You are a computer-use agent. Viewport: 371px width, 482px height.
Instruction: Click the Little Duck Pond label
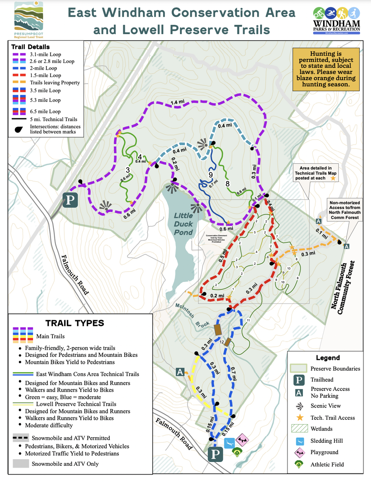pyautogui.click(x=183, y=224)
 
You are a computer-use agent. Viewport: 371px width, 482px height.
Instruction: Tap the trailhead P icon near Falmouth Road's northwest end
pyautogui.click(x=70, y=200)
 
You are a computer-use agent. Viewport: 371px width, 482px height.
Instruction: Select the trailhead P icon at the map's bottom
pyautogui.click(x=215, y=454)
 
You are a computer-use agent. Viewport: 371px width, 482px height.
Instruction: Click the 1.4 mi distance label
pyautogui.click(x=177, y=102)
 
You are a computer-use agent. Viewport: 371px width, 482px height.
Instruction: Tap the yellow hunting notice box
pyautogui.click(x=326, y=69)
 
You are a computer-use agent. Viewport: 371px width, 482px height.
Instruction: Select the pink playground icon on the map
pyautogui.click(x=242, y=440)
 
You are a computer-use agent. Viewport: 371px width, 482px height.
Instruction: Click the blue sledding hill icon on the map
pyautogui.click(x=229, y=442)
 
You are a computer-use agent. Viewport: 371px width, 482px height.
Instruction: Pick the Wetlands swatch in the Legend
pyautogui.click(x=299, y=429)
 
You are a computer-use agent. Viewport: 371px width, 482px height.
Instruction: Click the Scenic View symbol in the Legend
pyautogui.click(x=299, y=406)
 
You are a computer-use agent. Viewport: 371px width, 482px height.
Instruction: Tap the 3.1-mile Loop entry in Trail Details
pyautogui.click(x=45, y=54)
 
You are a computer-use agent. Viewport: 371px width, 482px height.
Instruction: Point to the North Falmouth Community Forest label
pyautogui.click(x=343, y=287)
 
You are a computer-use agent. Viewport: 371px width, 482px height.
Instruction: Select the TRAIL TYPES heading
pyautogui.click(x=75, y=323)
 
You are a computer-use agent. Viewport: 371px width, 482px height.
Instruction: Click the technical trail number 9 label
pyautogui.click(x=211, y=175)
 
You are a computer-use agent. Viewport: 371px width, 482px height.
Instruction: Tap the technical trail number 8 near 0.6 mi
pyautogui.click(x=227, y=183)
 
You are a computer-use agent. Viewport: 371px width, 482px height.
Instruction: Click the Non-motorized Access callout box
pyautogui.click(x=345, y=210)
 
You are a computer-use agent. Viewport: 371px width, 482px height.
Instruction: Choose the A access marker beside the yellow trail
pyautogui.click(x=180, y=372)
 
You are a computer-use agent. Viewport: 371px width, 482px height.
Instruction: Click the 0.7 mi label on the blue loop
pyautogui.click(x=233, y=373)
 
